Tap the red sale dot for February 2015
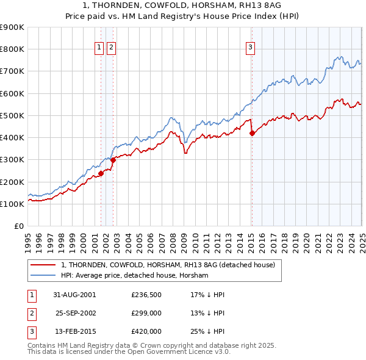click(x=252, y=133)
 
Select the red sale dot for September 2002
click(x=113, y=160)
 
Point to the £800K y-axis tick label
click(x=13, y=49)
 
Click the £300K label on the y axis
click(x=13, y=160)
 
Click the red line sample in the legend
click(x=43, y=265)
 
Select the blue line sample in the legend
click(x=43, y=276)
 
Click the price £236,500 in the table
click(x=146, y=294)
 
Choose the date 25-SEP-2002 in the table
click(x=76, y=313)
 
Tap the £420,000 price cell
click(x=146, y=331)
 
